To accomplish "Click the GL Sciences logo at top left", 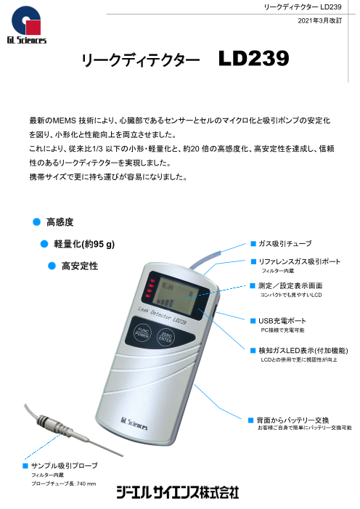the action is point(27,25).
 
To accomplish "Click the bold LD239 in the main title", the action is point(253,58).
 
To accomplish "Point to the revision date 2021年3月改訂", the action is point(319,20).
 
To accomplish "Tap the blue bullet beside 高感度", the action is point(37,222).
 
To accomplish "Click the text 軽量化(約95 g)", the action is point(84,244).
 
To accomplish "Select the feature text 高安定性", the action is point(80,266).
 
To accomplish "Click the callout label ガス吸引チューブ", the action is point(285,243).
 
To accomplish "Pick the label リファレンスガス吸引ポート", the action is point(299,261).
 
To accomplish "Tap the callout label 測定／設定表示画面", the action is point(290,285).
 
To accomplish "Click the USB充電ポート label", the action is point(282,321).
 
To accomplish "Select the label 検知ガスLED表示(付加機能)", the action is point(303,351).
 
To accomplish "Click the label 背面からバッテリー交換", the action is point(292,420).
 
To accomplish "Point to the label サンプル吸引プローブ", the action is point(65,465).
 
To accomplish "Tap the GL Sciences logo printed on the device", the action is point(134,423).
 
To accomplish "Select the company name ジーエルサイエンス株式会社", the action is point(178,492).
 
